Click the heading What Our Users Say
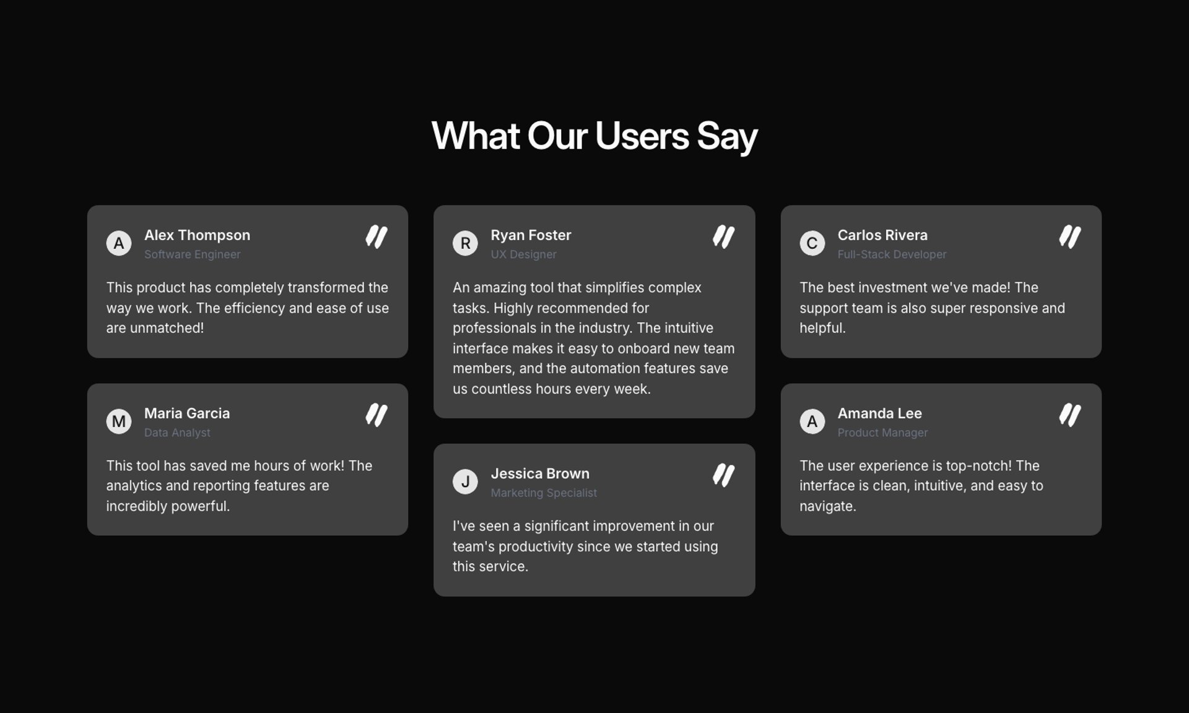(x=594, y=136)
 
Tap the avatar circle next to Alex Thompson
(x=119, y=243)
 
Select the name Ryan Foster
(x=531, y=235)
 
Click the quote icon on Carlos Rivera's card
(x=1070, y=237)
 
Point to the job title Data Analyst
(x=177, y=433)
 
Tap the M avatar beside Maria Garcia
(x=119, y=421)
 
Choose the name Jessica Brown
(x=540, y=473)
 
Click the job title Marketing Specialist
(x=544, y=493)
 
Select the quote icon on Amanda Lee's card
(x=1070, y=415)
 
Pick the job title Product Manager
(x=882, y=433)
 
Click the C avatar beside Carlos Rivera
(x=812, y=243)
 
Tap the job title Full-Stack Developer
(x=892, y=254)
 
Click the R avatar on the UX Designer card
(x=465, y=243)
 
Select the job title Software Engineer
(x=192, y=254)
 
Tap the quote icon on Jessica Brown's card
(x=723, y=475)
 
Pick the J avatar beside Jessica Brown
(x=465, y=482)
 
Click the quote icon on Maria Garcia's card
(x=377, y=415)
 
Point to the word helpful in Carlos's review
(x=822, y=328)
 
